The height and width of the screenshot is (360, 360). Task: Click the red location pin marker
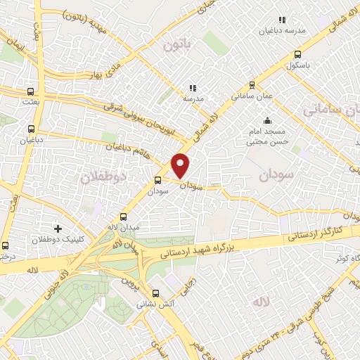181,165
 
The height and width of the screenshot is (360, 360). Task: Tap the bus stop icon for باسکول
297,54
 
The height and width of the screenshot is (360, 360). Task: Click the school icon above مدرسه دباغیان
282,20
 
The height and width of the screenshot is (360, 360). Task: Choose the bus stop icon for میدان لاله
124,217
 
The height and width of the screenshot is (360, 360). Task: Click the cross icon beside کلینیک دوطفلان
58,229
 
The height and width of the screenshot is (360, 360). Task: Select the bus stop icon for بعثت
30,91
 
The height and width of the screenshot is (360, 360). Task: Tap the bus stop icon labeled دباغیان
30,129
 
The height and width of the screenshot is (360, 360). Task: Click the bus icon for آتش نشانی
156,295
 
